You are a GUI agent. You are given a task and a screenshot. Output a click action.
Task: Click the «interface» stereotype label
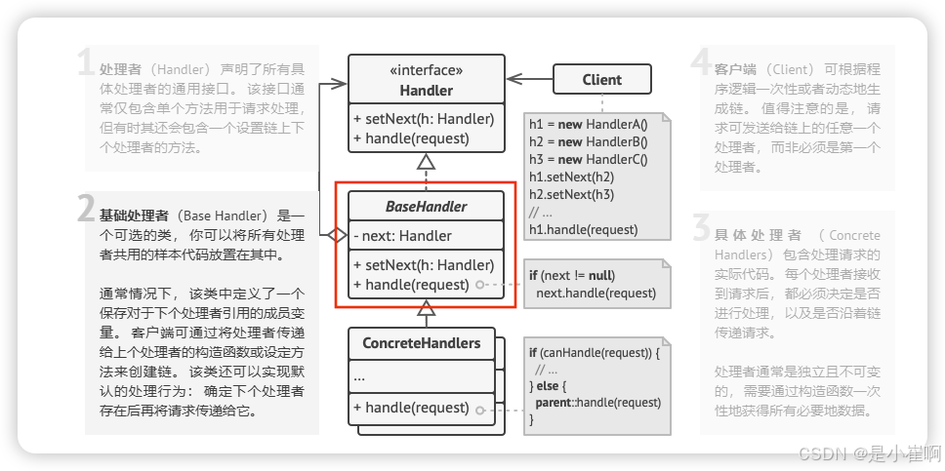[426, 70]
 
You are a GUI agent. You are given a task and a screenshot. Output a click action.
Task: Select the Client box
[601, 80]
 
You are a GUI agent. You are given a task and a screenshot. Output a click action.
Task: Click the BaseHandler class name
[426, 206]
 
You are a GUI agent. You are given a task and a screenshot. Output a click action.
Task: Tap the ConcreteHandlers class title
[422, 343]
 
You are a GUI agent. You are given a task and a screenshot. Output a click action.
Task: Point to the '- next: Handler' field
[403, 235]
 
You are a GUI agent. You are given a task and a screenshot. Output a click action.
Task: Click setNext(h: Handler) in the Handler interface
[424, 119]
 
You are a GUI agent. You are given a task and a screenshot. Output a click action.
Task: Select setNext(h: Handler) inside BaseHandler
[424, 264]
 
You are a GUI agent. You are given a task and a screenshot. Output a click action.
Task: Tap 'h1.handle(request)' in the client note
[583, 230]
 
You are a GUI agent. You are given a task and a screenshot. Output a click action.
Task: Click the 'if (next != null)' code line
[572, 275]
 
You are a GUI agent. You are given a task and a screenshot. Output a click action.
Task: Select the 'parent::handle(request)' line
[597, 402]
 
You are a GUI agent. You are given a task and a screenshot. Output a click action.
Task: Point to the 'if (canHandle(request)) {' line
[595, 353]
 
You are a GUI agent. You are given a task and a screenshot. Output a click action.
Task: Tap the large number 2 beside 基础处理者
[87, 209]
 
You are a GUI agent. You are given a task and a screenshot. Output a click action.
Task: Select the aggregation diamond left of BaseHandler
[336, 235]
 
